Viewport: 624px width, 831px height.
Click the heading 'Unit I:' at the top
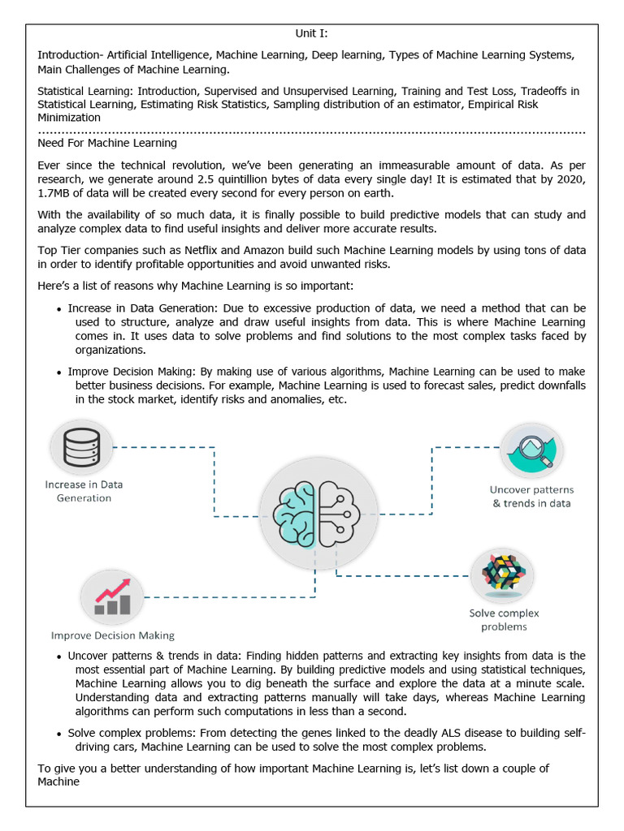pyautogui.click(x=311, y=34)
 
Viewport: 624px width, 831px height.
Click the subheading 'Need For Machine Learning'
pyautogui.click(x=107, y=143)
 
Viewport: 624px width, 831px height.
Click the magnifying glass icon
pyautogui.click(x=531, y=450)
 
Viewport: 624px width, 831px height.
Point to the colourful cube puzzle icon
pyautogui.click(x=502, y=574)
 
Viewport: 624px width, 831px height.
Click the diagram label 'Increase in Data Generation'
pyautogui.click(x=84, y=491)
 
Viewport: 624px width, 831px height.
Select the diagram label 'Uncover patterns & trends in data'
pyautogui.click(x=531, y=496)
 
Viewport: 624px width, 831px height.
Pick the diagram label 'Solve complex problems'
pyautogui.click(x=504, y=620)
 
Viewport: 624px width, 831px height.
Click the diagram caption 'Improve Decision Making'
pyautogui.click(x=113, y=635)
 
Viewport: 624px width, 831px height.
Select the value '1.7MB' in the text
pyautogui.click(x=56, y=194)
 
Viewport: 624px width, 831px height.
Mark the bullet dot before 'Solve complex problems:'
pyautogui.click(x=59, y=734)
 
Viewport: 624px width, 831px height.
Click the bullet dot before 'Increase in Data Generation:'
pyautogui.click(x=59, y=310)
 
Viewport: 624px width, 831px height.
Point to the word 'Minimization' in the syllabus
pyautogui.click(x=69, y=117)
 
